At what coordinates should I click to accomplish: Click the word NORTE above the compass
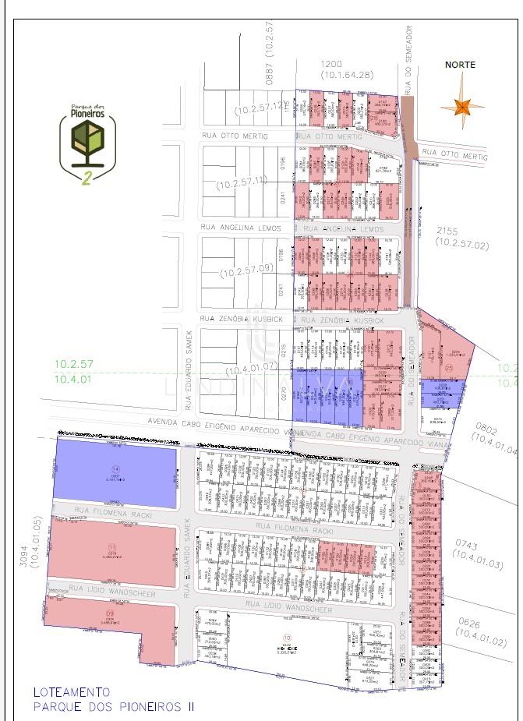pos(460,65)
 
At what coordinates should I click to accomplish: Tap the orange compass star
pos(462,105)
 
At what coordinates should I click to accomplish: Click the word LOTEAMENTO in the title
pos(72,691)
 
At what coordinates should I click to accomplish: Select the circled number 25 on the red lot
pos(447,346)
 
